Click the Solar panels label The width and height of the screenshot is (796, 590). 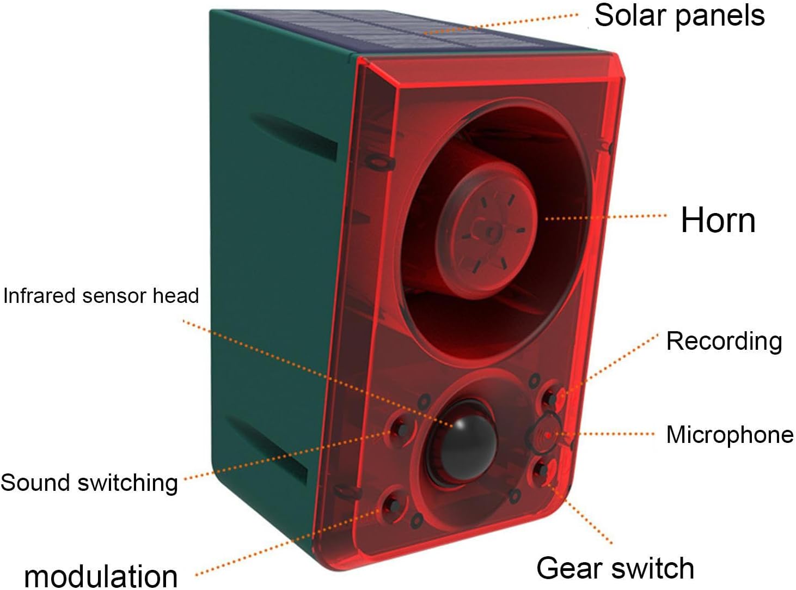pos(679,16)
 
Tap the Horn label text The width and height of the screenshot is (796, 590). pos(718,220)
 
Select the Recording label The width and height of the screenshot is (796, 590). pos(724,342)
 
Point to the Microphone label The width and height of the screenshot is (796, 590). pos(730,435)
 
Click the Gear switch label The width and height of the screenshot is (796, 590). pos(615,568)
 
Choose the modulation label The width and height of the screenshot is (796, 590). pos(101,576)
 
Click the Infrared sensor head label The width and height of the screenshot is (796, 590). pos(101,295)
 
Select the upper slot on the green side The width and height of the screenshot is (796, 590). pos(295,136)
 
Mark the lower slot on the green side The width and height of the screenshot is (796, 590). pos(267,449)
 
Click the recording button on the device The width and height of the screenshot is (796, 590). pos(550,398)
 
